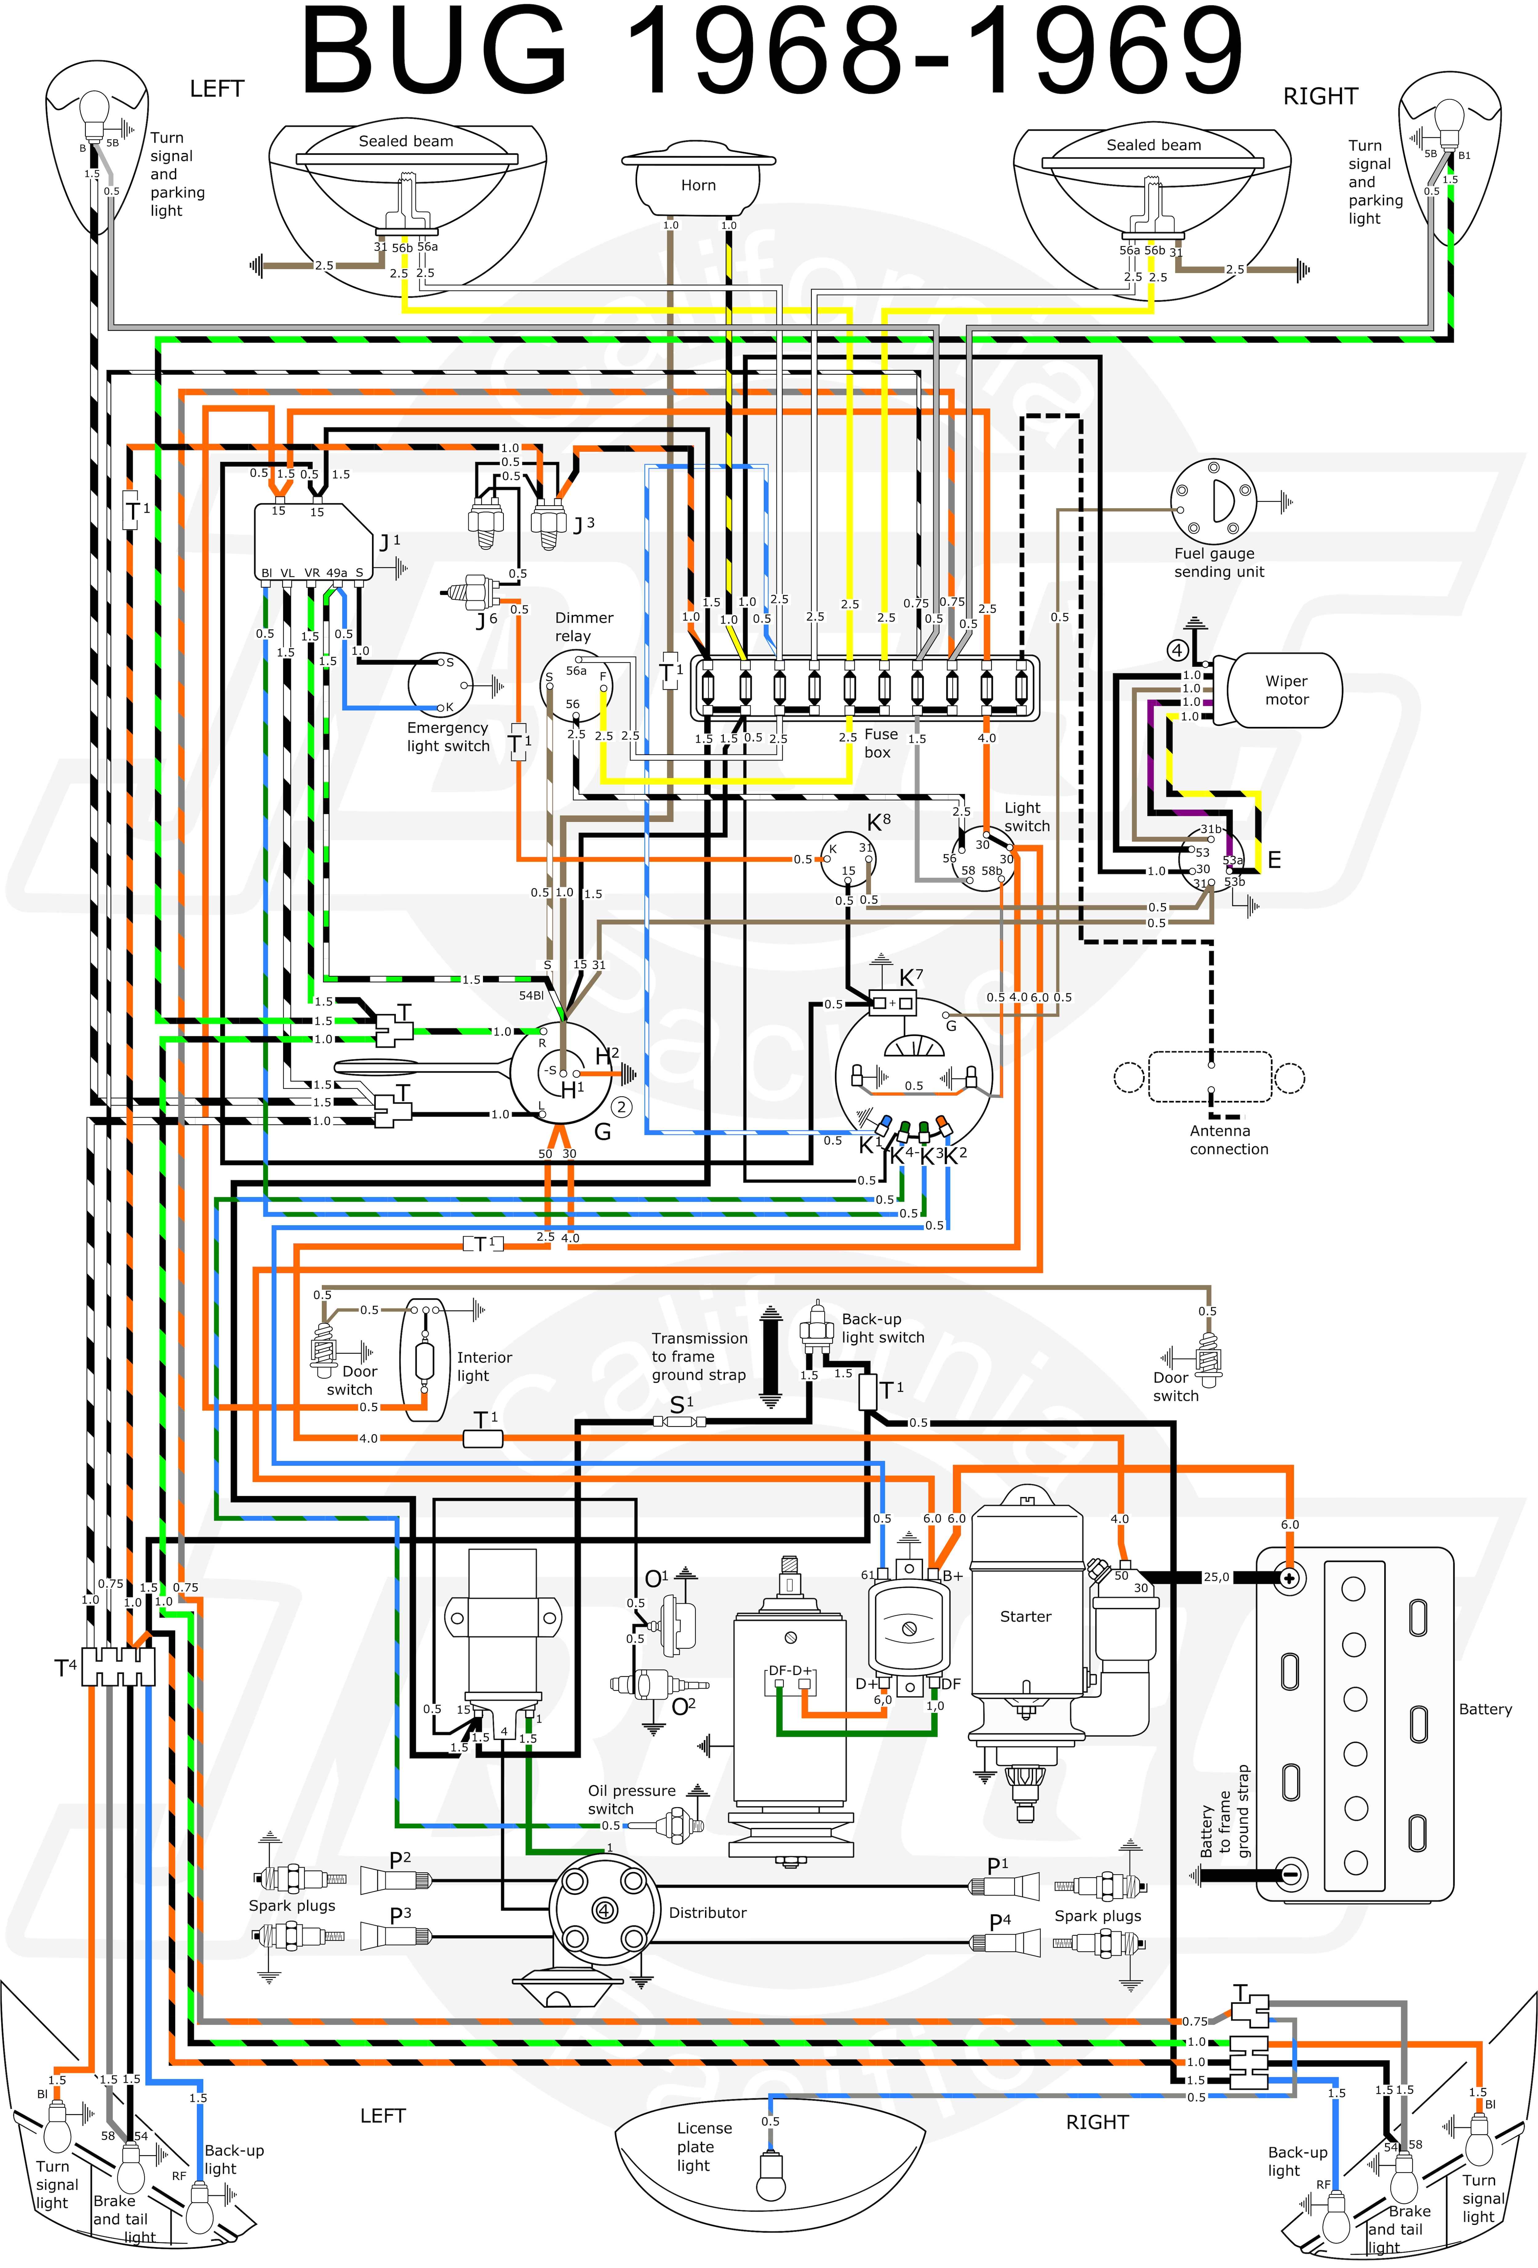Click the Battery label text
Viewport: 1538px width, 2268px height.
(x=1484, y=1709)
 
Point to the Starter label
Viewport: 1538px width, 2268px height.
(x=1025, y=1616)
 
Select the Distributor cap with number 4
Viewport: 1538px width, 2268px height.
(x=604, y=1911)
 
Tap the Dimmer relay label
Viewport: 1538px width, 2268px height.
(x=584, y=626)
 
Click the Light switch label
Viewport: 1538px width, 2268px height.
(x=1026, y=817)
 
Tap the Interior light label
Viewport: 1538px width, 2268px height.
(x=484, y=1366)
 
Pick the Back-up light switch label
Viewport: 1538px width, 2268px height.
(x=882, y=1328)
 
